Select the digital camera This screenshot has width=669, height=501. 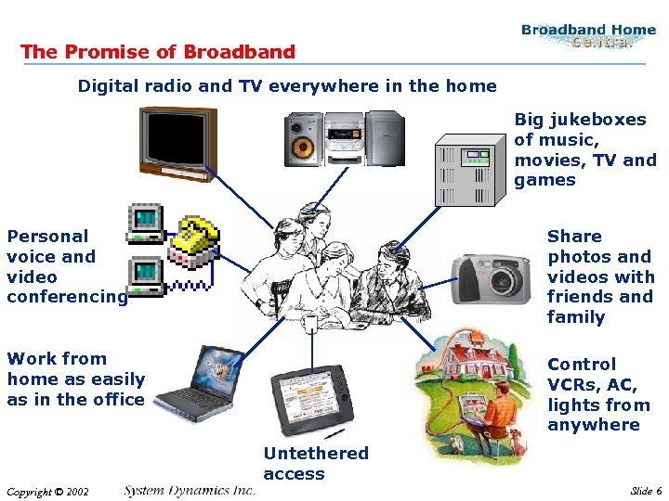tap(493, 277)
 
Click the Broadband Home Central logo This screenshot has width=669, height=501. tap(588, 35)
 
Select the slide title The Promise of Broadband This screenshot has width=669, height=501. tap(158, 52)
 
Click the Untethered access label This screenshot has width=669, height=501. tap(315, 464)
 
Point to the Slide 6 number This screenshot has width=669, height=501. tap(646, 491)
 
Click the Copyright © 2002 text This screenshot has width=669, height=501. tap(47, 492)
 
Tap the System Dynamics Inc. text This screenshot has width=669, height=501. tap(190, 490)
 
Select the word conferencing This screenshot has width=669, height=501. tap(67, 297)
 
